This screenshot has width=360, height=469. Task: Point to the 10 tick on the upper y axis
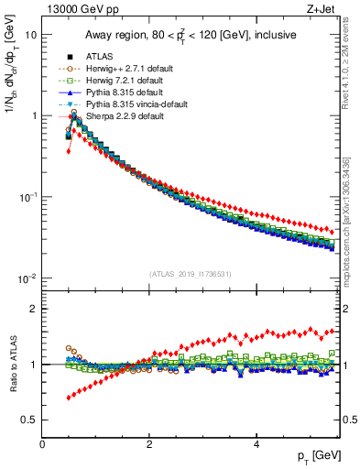[30, 35]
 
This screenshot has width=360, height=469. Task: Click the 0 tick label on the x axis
[42, 444]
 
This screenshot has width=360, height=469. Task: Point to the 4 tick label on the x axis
[256, 444]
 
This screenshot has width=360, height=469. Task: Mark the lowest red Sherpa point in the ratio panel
[69, 398]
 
